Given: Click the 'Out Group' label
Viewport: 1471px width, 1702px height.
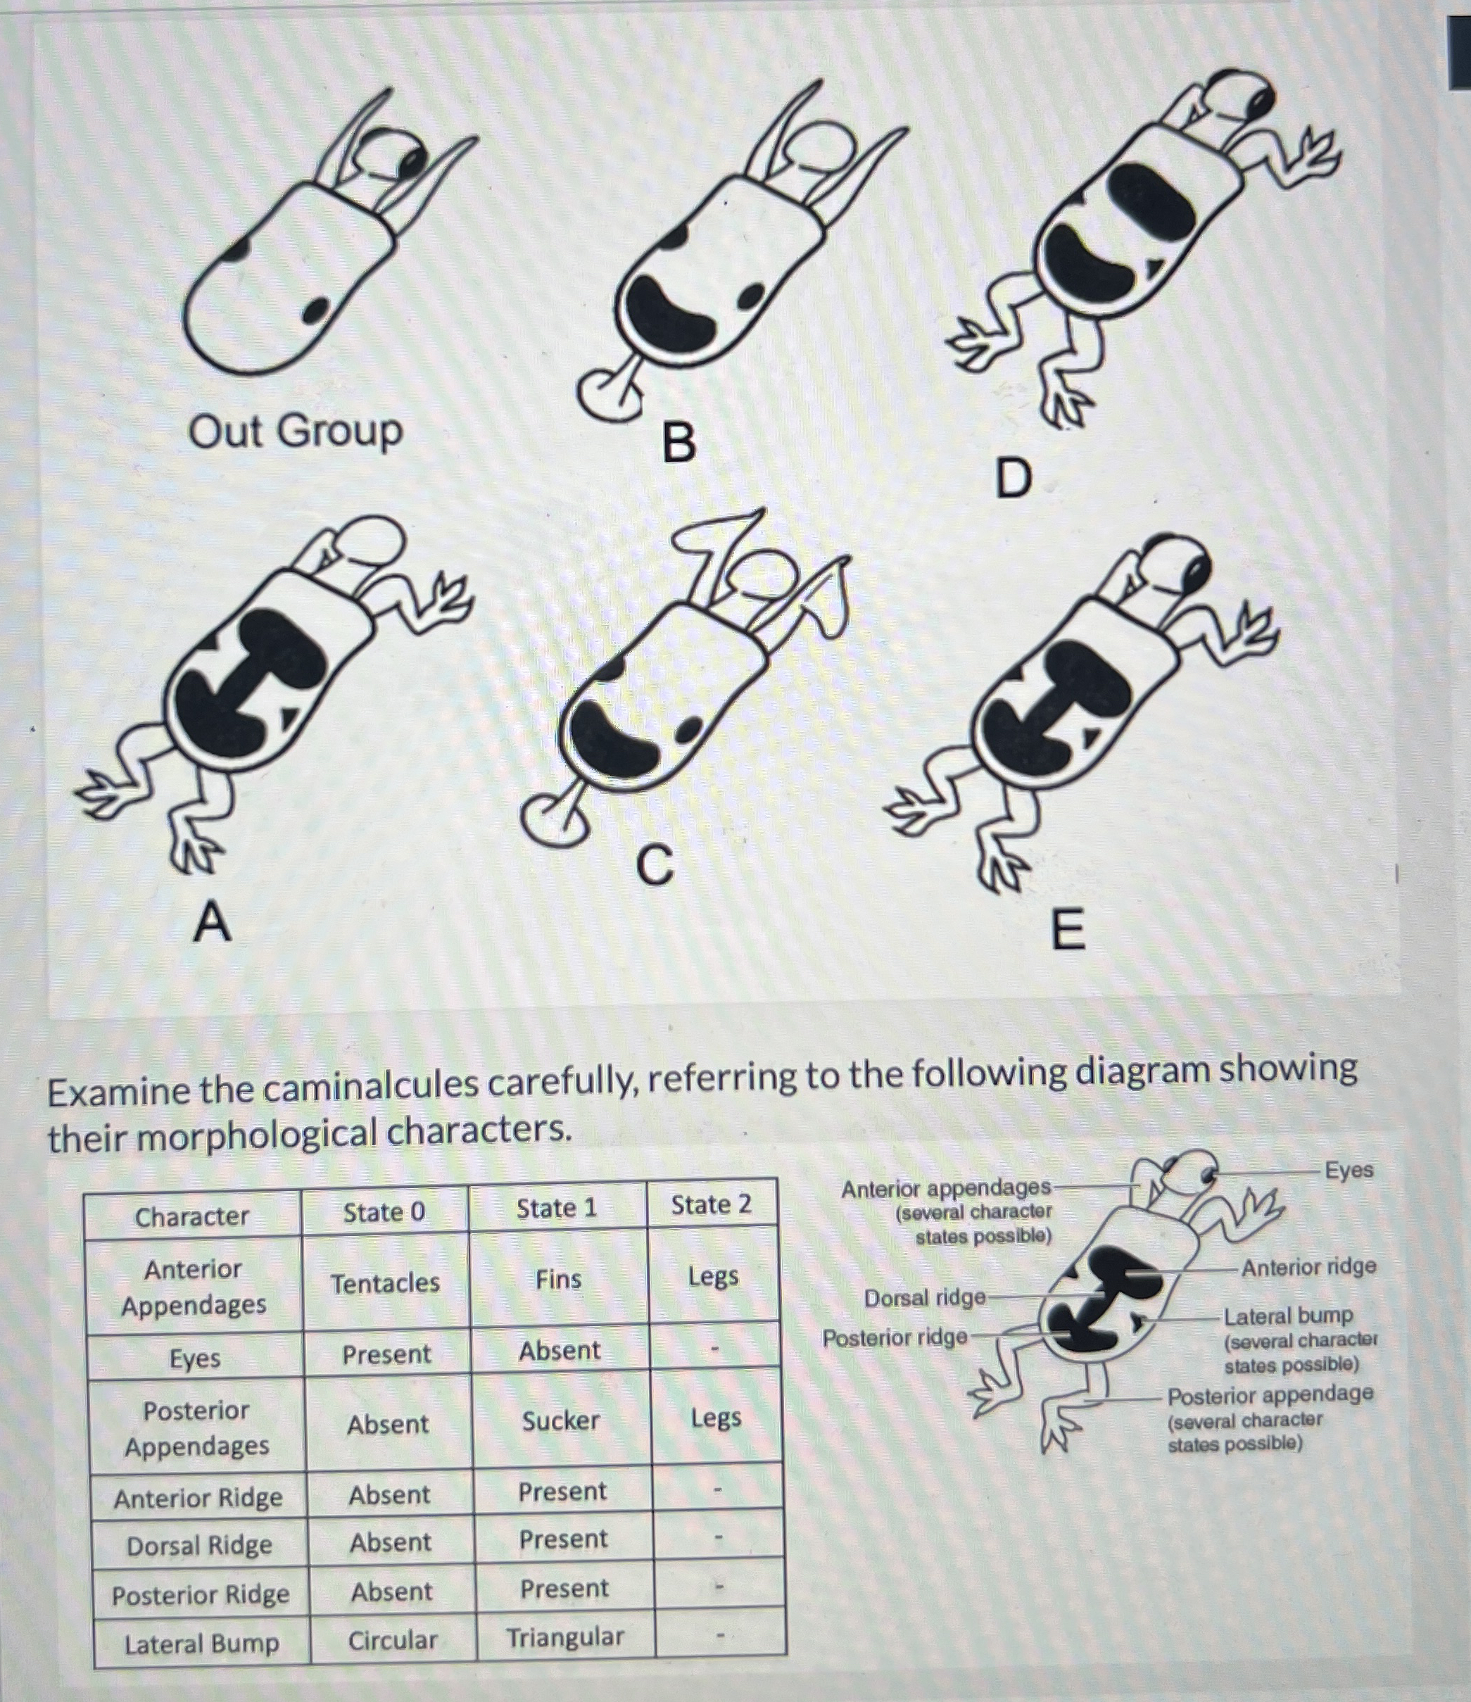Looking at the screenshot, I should [x=295, y=431].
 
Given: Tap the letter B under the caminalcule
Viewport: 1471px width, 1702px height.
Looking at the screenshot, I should [x=678, y=443].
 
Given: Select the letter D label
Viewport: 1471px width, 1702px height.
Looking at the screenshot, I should [x=1013, y=479].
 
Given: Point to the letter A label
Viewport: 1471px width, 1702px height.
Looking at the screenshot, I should [x=212, y=921].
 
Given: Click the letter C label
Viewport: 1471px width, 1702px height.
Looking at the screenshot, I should [x=655, y=866].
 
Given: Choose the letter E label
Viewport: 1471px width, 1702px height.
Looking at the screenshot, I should [x=1068, y=931].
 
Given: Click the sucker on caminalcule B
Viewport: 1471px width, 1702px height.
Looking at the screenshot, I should [x=609, y=392].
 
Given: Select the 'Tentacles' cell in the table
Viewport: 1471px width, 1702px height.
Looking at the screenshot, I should [x=385, y=1283].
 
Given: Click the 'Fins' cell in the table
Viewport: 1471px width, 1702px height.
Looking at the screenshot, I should [x=559, y=1279].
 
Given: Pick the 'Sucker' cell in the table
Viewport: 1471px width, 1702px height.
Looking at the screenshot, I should [x=561, y=1420].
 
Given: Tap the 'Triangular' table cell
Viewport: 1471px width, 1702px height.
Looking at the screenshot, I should [x=565, y=1637].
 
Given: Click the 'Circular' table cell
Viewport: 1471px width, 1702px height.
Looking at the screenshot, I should [x=393, y=1640].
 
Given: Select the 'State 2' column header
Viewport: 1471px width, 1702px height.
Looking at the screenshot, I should [x=712, y=1204].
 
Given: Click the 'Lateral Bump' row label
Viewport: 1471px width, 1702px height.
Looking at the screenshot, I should [x=202, y=1644].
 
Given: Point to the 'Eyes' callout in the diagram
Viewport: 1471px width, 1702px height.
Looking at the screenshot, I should [x=1349, y=1170].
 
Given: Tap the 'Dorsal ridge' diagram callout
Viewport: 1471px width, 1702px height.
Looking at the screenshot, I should [x=924, y=1298].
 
